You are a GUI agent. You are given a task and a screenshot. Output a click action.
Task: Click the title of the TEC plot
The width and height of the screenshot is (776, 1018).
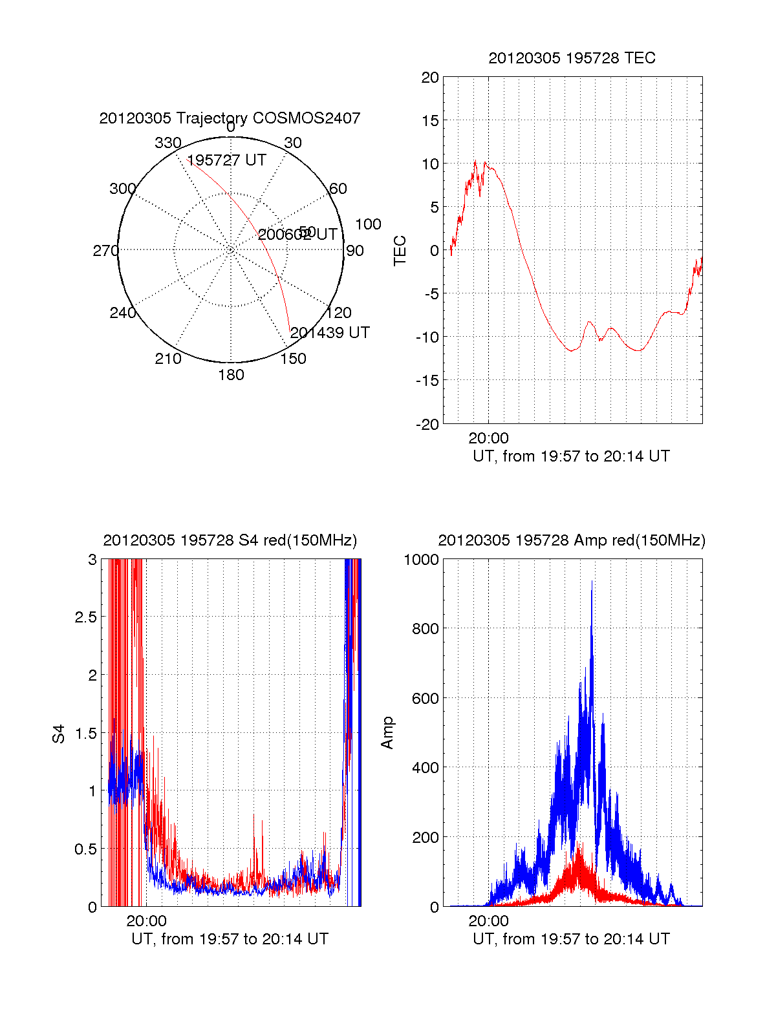tap(572, 58)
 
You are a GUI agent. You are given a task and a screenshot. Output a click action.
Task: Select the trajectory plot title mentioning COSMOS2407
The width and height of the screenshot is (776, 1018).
tap(230, 118)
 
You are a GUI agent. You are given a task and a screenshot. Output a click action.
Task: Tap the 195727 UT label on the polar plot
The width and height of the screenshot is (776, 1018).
tap(226, 160)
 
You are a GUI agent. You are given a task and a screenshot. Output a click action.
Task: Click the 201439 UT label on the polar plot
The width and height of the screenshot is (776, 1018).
tap(330, 333)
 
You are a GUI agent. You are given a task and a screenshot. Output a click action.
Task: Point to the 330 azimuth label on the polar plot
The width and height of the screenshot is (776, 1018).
tap(167, 143)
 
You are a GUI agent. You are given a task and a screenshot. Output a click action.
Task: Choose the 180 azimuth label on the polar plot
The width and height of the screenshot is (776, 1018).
tap(231, 375)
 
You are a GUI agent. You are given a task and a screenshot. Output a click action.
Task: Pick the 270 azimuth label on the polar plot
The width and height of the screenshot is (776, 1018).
tap(106, 251)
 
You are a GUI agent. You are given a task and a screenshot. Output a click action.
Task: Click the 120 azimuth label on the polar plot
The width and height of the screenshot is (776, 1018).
tap(339, 313)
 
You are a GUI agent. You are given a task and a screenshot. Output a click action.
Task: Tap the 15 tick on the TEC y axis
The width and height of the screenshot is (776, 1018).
tap(430, 121)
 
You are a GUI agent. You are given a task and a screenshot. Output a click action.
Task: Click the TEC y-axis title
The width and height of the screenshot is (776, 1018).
tap(400, 251)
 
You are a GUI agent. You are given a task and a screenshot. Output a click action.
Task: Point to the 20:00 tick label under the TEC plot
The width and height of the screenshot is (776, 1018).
tap(488, 438)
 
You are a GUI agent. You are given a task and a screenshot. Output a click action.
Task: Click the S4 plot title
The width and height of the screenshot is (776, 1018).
tap(230, 540)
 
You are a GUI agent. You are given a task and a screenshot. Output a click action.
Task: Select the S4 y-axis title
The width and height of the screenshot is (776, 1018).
tap(59, 734)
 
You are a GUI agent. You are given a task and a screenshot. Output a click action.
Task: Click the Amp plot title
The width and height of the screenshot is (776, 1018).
tap(572, 540)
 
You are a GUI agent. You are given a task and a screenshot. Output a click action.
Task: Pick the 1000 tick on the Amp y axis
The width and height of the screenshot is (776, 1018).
tap(421, 560)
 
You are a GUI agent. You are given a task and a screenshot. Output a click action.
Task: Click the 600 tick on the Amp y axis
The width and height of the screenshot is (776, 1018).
tap(425, 699)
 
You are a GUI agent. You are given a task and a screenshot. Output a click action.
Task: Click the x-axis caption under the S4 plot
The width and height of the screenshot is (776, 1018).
tap(230, 939)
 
